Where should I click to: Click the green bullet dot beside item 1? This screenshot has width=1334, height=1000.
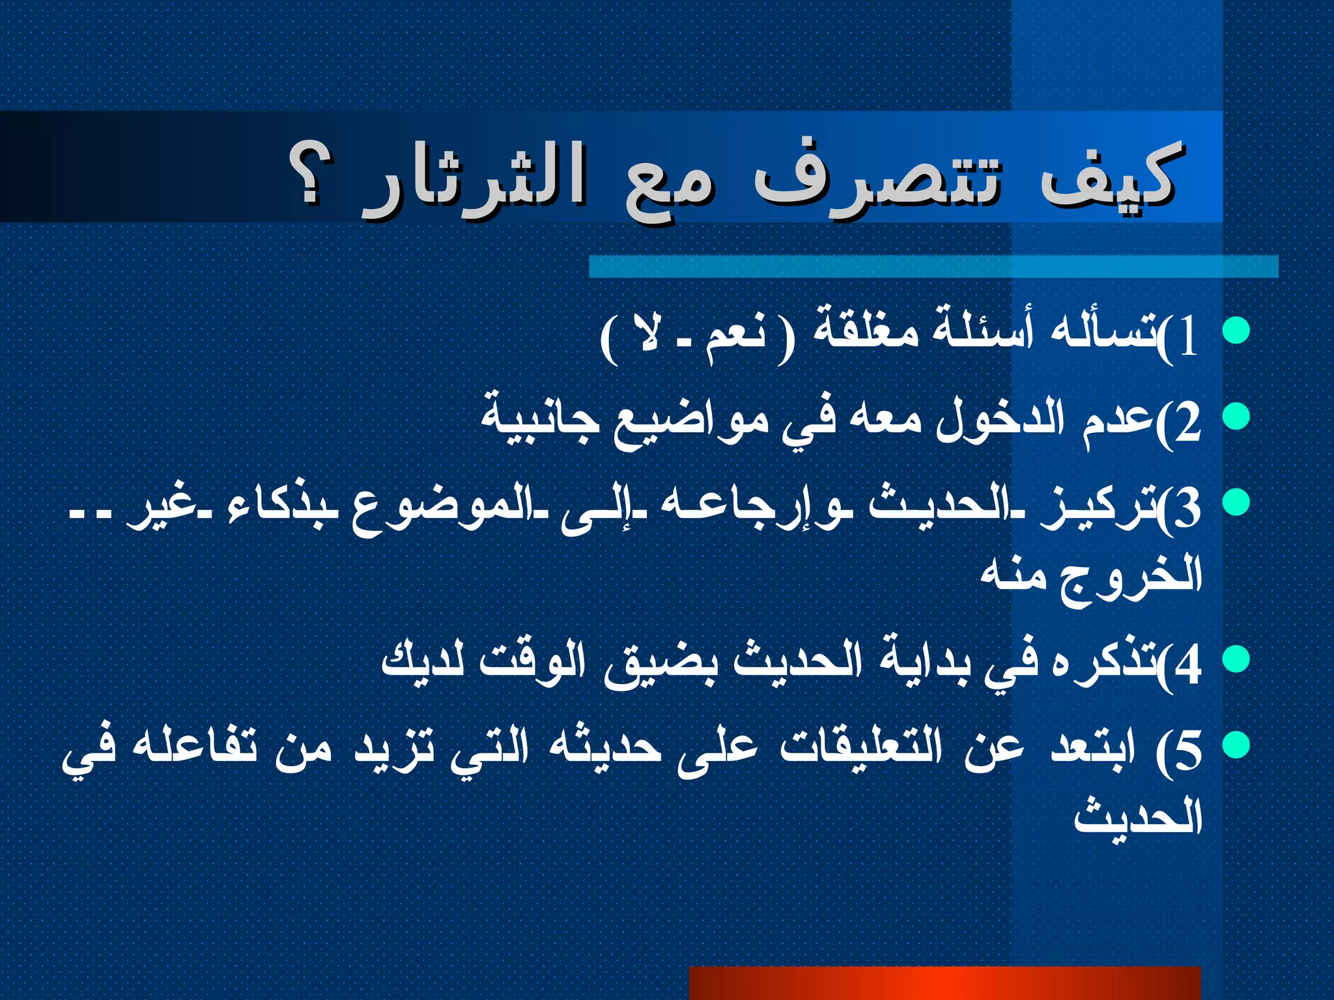pyautogui.click(x=1236, y=330)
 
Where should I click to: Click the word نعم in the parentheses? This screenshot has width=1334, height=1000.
pyautogui.click(x=736, y=335)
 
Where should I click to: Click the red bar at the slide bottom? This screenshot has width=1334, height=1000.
pyautogui.click(x=944, y=983)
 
